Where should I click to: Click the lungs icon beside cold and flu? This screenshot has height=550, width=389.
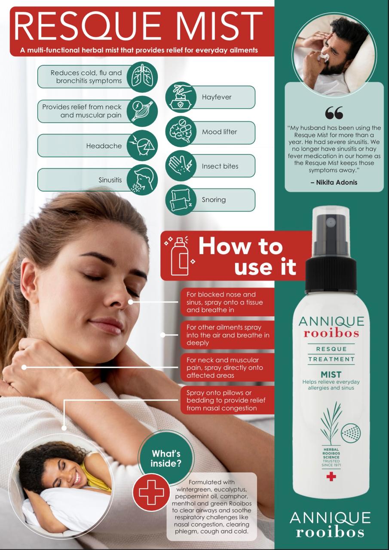pyautogui.click(x=142, y=77)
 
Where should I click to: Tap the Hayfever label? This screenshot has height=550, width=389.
pyautogui.click(x=217, y=97)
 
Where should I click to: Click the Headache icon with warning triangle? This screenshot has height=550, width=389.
pyautogui.click(x=142, y=145)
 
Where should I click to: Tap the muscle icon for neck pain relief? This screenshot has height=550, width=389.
pyautogui.click(x=142, y=111)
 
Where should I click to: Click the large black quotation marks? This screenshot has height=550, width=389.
pyautogui.click(x=334, y=113)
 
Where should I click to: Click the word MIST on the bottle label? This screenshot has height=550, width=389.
pyautogui.click(x=331, y=374)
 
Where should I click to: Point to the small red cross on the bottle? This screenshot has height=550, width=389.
pyautogui.click(x=331, y=477)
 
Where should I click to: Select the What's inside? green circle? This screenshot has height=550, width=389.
pyautogui.click(x=166, y=458)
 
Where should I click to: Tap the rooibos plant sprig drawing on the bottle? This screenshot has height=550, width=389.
pyautogui.click(x=331, y=422)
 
